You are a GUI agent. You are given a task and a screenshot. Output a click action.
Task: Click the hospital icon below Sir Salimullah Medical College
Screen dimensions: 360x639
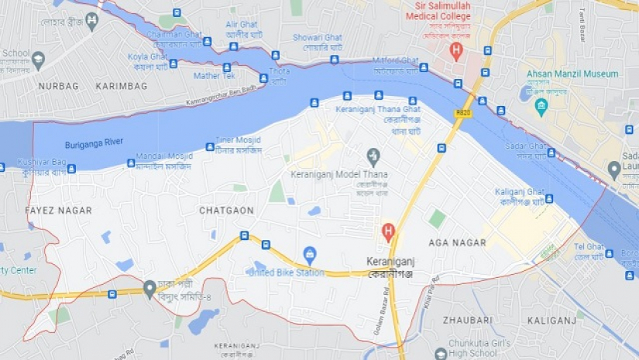456,51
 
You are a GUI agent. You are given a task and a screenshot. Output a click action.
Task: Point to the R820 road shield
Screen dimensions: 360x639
463,113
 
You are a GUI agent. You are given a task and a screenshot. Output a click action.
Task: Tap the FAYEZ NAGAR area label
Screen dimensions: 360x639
58,211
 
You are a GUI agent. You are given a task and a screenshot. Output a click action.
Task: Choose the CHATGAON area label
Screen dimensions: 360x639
226,211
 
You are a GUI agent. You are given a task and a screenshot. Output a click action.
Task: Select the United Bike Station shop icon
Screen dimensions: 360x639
310,254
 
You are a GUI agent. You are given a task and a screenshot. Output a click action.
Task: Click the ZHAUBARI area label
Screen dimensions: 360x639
468,319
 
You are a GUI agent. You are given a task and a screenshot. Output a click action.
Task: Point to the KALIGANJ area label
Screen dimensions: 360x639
551,319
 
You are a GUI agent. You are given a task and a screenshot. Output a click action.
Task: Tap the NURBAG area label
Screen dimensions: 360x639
58,86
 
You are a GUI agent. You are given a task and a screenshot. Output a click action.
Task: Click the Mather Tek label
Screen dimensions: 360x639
214,76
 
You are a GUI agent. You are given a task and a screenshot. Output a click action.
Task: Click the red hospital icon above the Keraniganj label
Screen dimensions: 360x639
388,231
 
